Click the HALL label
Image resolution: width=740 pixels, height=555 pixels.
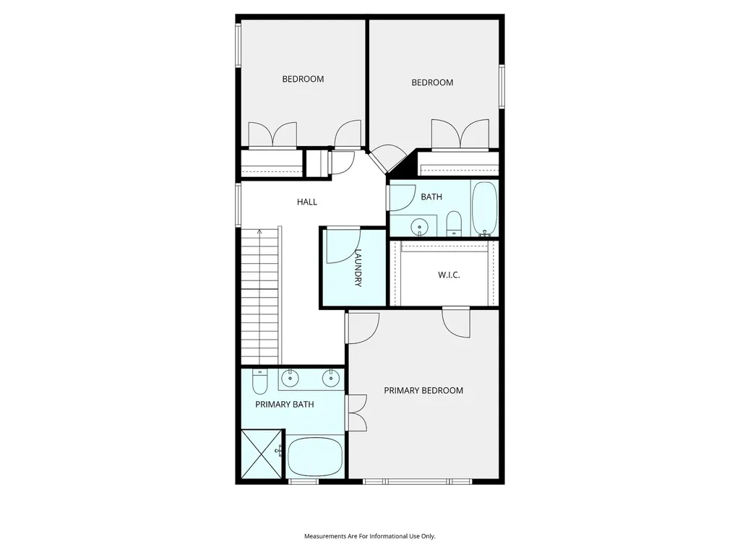click(x=306, y=202)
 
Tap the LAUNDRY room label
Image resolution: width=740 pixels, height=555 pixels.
click(x=358, y=267)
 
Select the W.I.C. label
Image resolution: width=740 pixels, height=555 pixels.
click(x=449, y=275)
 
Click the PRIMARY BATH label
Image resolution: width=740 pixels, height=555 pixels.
click(x=285, y=405)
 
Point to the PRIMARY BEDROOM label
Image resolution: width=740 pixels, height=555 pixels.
click(x=423, y=391)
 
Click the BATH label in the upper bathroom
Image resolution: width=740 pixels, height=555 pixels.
click(x=431, y=197)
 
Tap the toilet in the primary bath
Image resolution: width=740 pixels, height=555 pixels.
click(x=259, y=382)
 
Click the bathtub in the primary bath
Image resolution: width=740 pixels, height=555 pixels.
click(x=315, y=457)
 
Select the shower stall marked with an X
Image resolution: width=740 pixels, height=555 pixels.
click(x=262, y=454)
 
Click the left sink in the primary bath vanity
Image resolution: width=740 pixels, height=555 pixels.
click(x=289, y=377)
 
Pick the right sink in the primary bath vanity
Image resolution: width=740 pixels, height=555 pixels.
click(x=330, y=377)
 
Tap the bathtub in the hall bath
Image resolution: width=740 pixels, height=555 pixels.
click(x=485, y=208)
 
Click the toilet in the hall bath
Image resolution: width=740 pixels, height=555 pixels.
click(x=454, y=223)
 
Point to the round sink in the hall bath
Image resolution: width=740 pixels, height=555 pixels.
click(x=418, y=227)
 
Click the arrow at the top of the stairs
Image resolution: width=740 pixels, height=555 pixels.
click(x=259, y=232)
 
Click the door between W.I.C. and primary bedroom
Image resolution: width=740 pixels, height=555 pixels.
click(x=457, y=322)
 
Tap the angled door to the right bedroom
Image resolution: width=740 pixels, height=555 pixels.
click(x=388, y=158)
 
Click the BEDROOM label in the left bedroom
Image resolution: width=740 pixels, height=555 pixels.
click(x=303, y=79)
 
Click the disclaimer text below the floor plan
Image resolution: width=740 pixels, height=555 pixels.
click(x=369, y=536)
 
